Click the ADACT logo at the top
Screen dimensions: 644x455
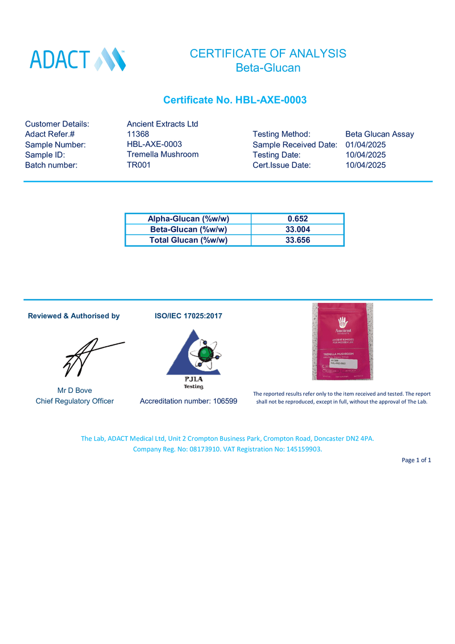[x=77, y=59]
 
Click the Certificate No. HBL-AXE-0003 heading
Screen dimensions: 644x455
[x=235, y=100]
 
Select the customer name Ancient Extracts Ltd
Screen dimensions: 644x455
[x=162, y=124]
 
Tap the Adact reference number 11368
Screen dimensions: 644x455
[x=138, y=134]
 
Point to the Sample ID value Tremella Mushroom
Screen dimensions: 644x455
[x=163, y=154]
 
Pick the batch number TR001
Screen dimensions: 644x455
[x=139, y=165]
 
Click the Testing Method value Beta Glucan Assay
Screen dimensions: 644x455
[x=379, y=134]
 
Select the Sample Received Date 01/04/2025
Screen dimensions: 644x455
[x=365, y=145]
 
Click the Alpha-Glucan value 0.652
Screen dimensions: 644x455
[x=297, y=219]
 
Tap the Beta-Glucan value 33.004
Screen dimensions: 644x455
[x=297, y=229]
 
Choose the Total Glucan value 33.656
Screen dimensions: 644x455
[x=297, y=240]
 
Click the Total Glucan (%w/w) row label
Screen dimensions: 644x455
[x=188, y=240]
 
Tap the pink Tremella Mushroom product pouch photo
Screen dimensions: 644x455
[x=342, y=341]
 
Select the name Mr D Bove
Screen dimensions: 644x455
[x=75, y=391]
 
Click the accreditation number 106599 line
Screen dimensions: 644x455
[x=188, y=401]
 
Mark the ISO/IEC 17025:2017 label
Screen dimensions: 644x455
[x=188, y=316]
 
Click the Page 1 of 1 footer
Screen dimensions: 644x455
[x=416, y=460]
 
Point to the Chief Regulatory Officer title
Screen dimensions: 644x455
[x=75, y=401]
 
